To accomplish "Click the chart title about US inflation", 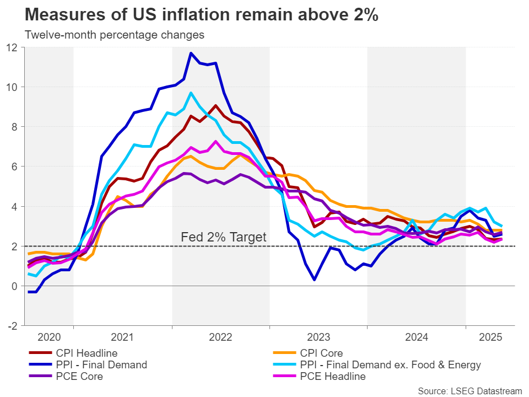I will coord(202,15).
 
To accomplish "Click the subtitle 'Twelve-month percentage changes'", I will coord(115,35).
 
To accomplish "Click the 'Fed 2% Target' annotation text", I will coord(223,238).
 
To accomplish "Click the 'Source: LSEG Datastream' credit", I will coord(469,390).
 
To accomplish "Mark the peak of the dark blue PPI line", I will coord(191,53).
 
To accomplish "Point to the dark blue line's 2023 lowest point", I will coord(314,280).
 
